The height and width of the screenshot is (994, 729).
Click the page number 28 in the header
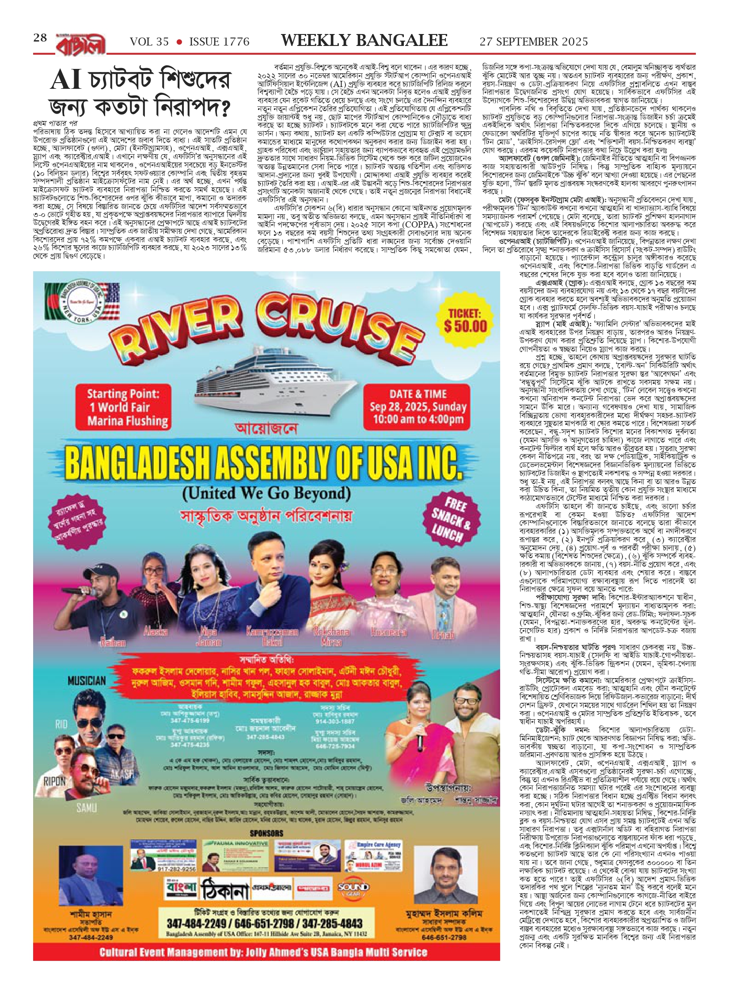point(40,38)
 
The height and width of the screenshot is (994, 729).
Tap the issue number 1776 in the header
point(219,42)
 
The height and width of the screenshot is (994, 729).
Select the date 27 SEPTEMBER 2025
point(534,42)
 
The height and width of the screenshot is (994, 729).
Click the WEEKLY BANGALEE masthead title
point(364,41)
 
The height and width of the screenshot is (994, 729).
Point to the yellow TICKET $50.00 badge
point(465,320)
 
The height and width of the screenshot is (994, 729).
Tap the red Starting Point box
point(123,407)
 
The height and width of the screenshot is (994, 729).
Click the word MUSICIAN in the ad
point(87,681)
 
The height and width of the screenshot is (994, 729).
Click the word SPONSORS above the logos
point(266,833)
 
